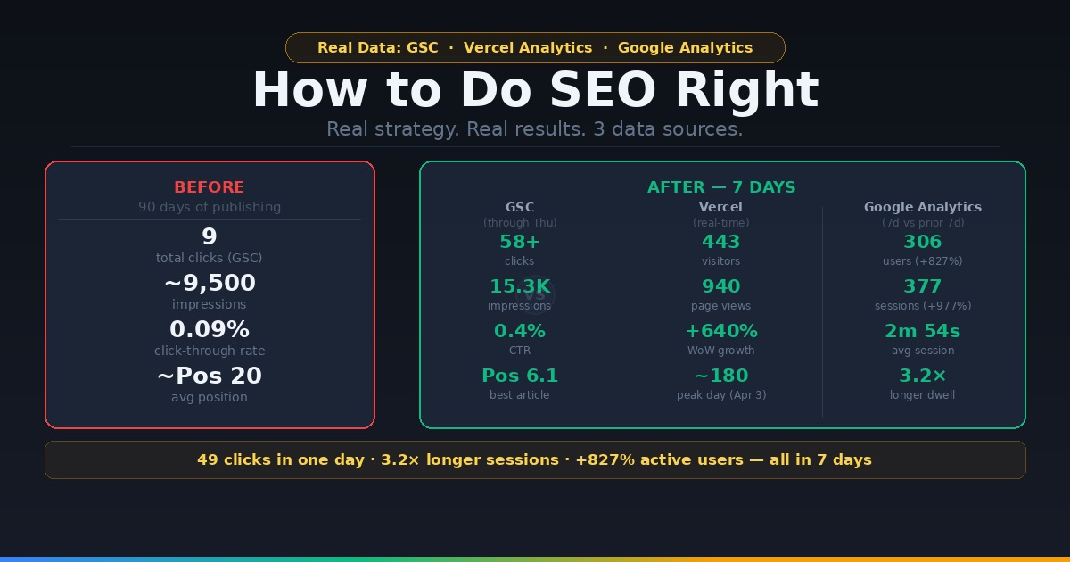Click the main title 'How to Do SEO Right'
click(535, 90)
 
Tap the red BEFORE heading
click(210, 187)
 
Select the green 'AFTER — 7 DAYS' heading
click(721, 187)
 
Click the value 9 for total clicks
click(210, 236)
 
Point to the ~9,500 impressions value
click(210, 283)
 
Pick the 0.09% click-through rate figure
click(210, 329)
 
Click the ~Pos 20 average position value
click(210, 376)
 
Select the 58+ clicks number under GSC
click(520, 242)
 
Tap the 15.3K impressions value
click(520, 286)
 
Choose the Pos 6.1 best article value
click(520, 376)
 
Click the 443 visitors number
click(721, 242)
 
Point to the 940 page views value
click(721, 286)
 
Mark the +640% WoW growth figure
click(721, 331)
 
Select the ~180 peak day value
click(721, 376)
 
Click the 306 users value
click(923, 242)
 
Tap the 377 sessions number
click(923, 286)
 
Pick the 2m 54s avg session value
click(923, 331)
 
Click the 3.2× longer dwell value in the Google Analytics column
click(923, 376)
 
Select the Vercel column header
click(721, 207)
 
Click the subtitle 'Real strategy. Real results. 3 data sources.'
click(535, 129)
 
